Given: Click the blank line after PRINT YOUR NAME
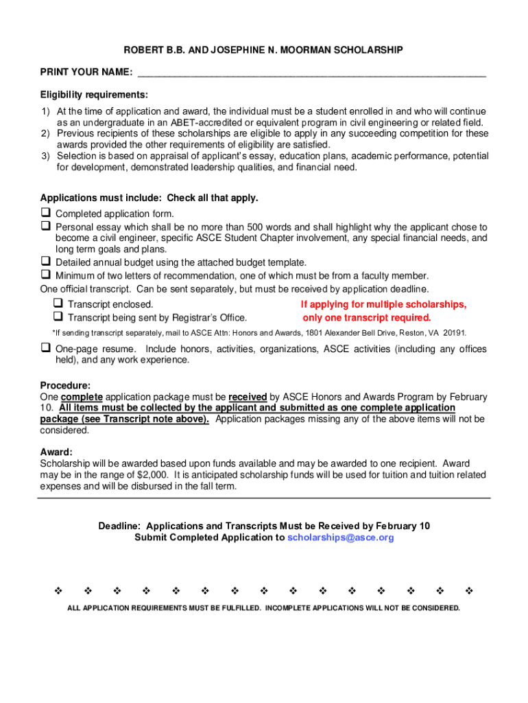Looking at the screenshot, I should (x=312, y=73).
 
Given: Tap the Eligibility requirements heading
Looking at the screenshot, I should (x=94, y=94).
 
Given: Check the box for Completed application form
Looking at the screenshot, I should (x=45, y=214).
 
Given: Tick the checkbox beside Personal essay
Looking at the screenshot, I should (x=45, y=226).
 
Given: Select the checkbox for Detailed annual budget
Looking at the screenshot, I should (x=45, y=262).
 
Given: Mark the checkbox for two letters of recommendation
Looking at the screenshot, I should (x=45, y=275).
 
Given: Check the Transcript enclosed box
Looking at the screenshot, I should (x=58, y=303).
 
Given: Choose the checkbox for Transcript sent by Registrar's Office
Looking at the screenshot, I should (x=58, y=317).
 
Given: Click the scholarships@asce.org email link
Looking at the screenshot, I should (x=341, y=538).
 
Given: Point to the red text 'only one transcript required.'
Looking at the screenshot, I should (x=367, y=318).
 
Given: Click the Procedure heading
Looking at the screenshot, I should (x=65, y=386).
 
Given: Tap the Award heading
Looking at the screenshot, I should (x=56, y=452).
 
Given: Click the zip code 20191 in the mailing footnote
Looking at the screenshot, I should (x=454, y=333).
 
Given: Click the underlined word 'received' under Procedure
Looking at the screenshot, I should (x=248, y=397).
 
